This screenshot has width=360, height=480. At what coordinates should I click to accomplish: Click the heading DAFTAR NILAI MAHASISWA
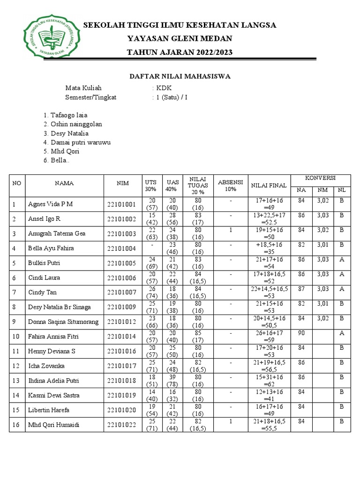coord(180,76)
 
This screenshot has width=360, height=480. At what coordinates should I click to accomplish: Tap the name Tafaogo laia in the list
coord(65,115)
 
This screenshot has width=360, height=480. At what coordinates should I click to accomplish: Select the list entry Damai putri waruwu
coord(77,142)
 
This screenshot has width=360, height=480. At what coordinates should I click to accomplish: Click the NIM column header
coord(123,184)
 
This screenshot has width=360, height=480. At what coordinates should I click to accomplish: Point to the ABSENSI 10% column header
coord(230,185)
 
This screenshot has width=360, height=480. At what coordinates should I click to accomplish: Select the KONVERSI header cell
coord(320,179)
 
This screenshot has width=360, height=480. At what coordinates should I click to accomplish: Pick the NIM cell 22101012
coord(121,322)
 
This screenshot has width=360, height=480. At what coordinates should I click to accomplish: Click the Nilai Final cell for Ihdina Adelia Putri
coord(269,380)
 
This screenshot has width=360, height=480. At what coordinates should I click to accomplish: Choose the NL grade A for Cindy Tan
coord(342,289)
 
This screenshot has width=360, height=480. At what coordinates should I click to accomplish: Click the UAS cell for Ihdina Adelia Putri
coord(172,380)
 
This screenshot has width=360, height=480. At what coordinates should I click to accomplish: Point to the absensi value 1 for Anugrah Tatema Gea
coord(231,230)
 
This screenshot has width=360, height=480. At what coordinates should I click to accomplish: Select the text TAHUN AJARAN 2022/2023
coord(180,52)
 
